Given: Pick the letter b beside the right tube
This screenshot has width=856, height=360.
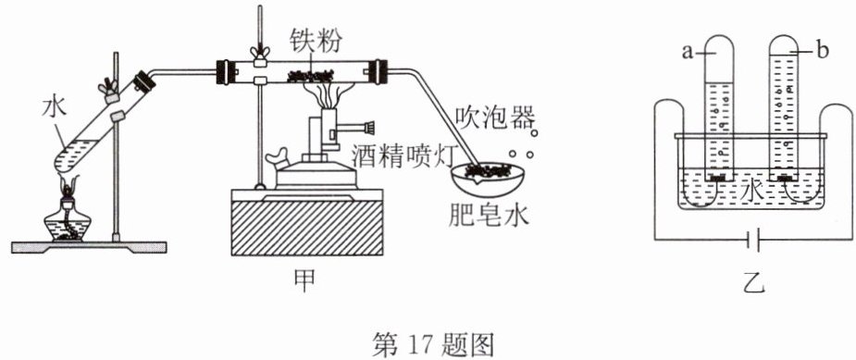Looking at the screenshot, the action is (x=824, y=51).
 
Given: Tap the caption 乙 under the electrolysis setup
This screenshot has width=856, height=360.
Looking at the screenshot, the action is (x=755, y=282).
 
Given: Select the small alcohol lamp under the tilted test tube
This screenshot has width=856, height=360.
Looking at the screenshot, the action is (x=68, y=217).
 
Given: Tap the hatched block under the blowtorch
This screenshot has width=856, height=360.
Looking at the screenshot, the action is (x=307, y=228).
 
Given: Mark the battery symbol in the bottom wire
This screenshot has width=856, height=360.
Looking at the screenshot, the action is (x=754, y=240).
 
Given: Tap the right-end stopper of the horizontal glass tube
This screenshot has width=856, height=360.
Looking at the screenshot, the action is (x=378, y=71).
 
